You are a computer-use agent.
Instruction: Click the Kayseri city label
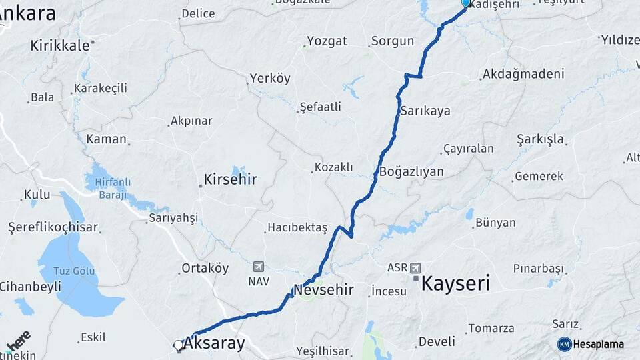coord(456,283)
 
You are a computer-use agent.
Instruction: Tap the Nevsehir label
coord(323,290)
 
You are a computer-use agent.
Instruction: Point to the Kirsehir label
coord(230,179)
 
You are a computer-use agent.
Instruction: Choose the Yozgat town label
coord(327,41)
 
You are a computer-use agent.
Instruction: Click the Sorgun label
coord(393,41)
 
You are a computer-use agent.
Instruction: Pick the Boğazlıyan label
coord(411,171)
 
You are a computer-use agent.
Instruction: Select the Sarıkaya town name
coord(425,111)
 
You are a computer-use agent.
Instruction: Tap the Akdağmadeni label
coord(523,73)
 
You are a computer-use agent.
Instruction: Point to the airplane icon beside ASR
coord(416,267)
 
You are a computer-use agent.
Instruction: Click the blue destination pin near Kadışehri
coord(466,3)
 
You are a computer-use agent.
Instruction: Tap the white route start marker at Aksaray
coord(179,345)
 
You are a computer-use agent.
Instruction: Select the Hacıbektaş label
coord(297,228)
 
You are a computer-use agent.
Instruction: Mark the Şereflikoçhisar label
coord(53,227)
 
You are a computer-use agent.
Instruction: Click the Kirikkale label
coord(59,45)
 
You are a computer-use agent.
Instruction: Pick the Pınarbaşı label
coord(538,269)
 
